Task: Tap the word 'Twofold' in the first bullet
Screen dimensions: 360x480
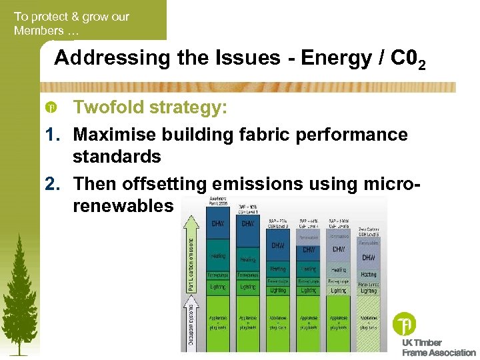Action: [109, 107]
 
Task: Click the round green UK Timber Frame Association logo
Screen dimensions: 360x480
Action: [405, 323]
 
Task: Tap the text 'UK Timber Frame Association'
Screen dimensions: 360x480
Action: [437, 347]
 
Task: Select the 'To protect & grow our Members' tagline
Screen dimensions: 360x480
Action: [71, 23]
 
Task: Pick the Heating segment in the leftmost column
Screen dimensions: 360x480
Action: [217, 256]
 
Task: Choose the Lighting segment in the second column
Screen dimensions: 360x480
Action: [247, 286]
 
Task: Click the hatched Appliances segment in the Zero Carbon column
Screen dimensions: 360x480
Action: [368, 323]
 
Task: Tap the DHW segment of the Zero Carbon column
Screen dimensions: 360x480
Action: [368, 257]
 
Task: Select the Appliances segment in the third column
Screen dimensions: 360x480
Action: [277, 323]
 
